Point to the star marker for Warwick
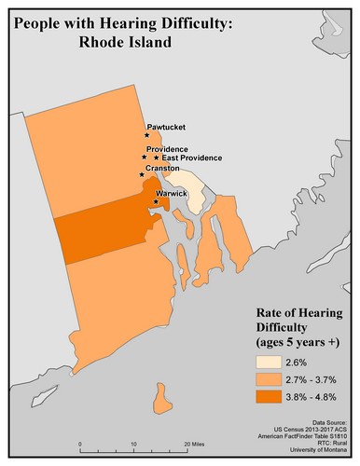[155, 201]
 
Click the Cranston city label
[164, 169]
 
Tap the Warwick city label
[172, 193]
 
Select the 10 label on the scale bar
[132, 445]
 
